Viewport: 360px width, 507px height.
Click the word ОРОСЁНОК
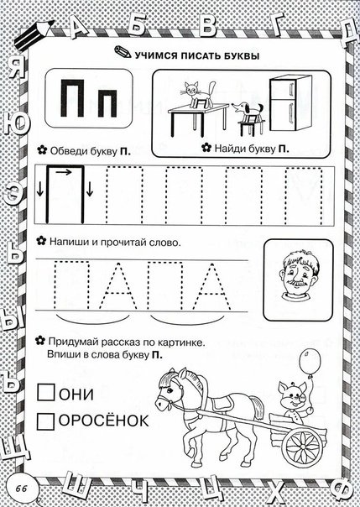(102, 420)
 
